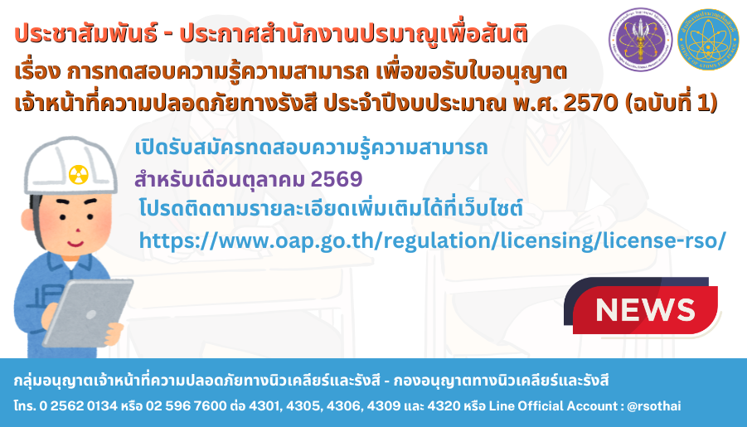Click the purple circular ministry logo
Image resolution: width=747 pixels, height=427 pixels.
coord(640,40)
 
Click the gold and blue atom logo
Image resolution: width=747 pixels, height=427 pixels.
coord(708,40)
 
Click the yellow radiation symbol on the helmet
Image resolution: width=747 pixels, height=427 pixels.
coord(78,174)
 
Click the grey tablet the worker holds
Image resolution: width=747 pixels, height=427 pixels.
coord(88,312)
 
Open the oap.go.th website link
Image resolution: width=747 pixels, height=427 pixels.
coord(432,240)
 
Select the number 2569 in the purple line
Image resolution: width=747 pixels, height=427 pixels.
coord(337,179)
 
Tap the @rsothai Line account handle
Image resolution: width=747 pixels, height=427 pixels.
coord(654,406)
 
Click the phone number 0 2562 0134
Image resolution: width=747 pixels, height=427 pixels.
coord(78,406)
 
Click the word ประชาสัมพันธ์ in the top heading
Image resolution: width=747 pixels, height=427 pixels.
coord(85,34)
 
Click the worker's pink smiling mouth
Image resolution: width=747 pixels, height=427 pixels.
coord(75,245)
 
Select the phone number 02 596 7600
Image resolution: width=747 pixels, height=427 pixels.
coord(187,406)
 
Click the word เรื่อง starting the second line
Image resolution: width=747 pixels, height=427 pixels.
coord(37,72)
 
